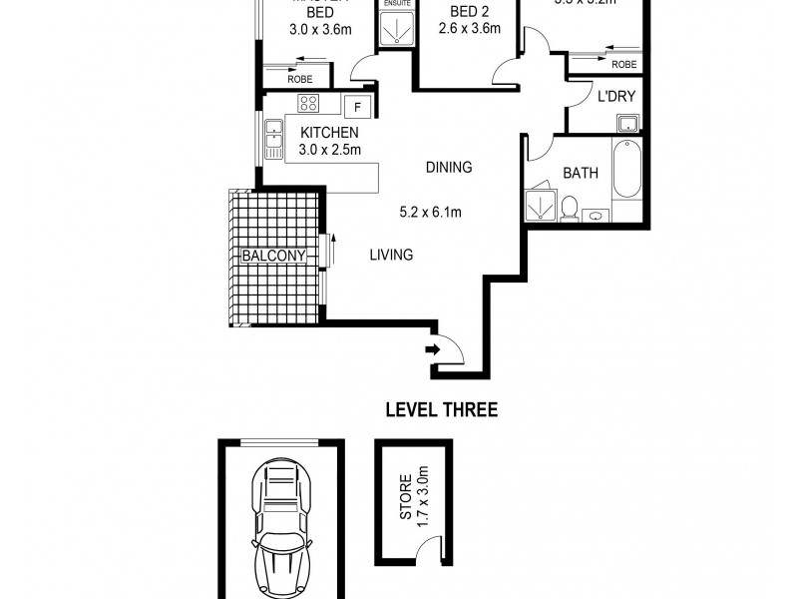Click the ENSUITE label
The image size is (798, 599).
pyautogui.click(x=396, y=4)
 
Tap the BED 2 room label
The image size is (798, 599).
pyautogui.click(x=468, y=10)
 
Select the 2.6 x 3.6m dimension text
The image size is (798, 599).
pyautogui.click(x=468, y=29)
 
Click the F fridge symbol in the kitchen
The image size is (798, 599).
pyautogui.click(x=356, y=107)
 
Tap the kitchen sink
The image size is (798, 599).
pyautogui.click(x=272, y=138)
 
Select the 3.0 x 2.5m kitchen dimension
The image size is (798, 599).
pyautogui.click(x=329, y=150)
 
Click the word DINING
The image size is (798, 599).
pyautogui.click(x=448, y=168)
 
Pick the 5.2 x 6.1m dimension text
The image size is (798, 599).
pyautogui.click(x=431, y=212)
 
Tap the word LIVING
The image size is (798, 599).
pyautogui.click(x=391, y=256)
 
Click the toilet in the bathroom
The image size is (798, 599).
pyautogui.click(x=570, y=208)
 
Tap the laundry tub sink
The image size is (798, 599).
pyautogui.click(x=627, y=123)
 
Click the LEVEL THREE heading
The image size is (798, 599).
pyautogui.click(x=441, y=409)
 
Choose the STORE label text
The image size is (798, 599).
pyautogui.click(x=406, y=504)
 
